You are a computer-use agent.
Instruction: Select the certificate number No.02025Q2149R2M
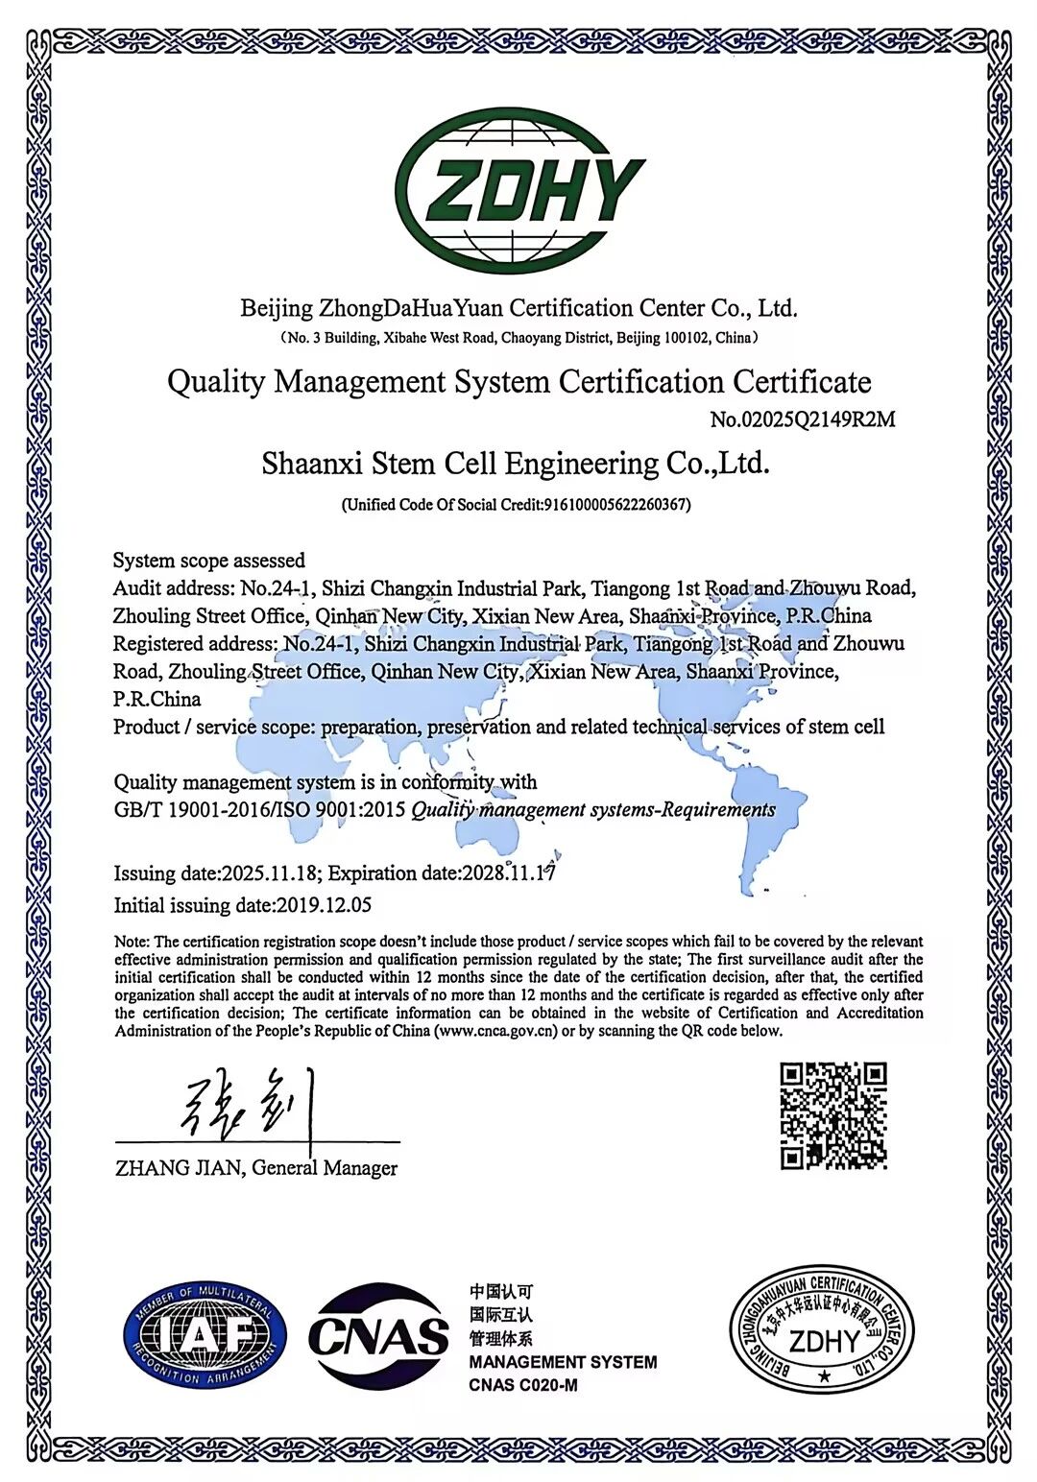coord(803,419)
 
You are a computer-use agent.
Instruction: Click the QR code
coord(832,1115)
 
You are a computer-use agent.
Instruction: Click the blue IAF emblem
coord(205,1335)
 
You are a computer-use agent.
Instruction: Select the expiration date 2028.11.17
coord(508,873)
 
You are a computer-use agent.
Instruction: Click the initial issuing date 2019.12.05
coord(324,905)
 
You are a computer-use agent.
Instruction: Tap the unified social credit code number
coord(615,505)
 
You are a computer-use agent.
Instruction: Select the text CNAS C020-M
coord(523,1385)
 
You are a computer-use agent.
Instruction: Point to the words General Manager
coord(325,1168)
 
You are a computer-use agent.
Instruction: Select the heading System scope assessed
coord(208,561)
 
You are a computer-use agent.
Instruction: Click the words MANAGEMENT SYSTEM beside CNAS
coord(563,1362)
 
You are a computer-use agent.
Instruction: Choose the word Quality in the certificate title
coord(216,382)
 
